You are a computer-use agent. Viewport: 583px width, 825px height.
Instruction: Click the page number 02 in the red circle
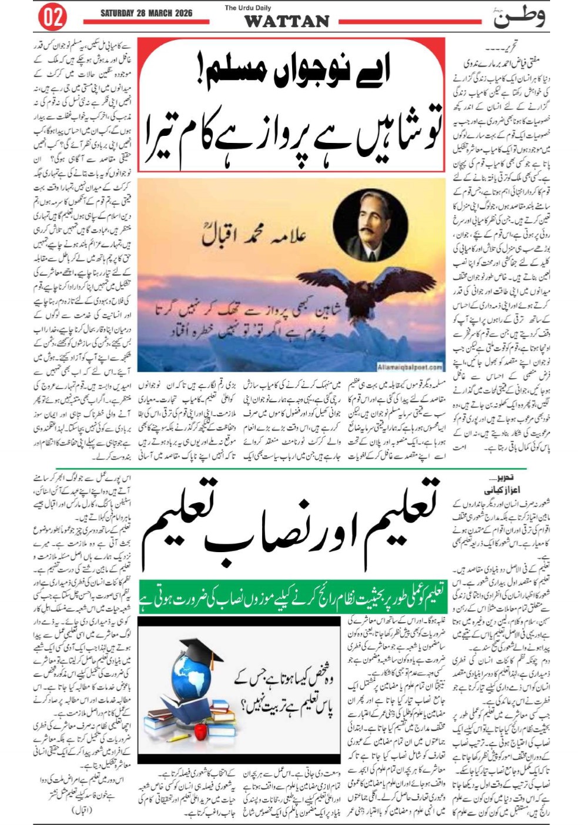52,18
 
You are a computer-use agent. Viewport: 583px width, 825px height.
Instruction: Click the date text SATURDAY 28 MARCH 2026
146,13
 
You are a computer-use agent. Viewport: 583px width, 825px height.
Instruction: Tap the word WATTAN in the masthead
286,22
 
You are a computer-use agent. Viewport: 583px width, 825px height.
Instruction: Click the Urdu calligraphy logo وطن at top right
518,18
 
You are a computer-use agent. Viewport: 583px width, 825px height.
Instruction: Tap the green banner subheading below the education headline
292,597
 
